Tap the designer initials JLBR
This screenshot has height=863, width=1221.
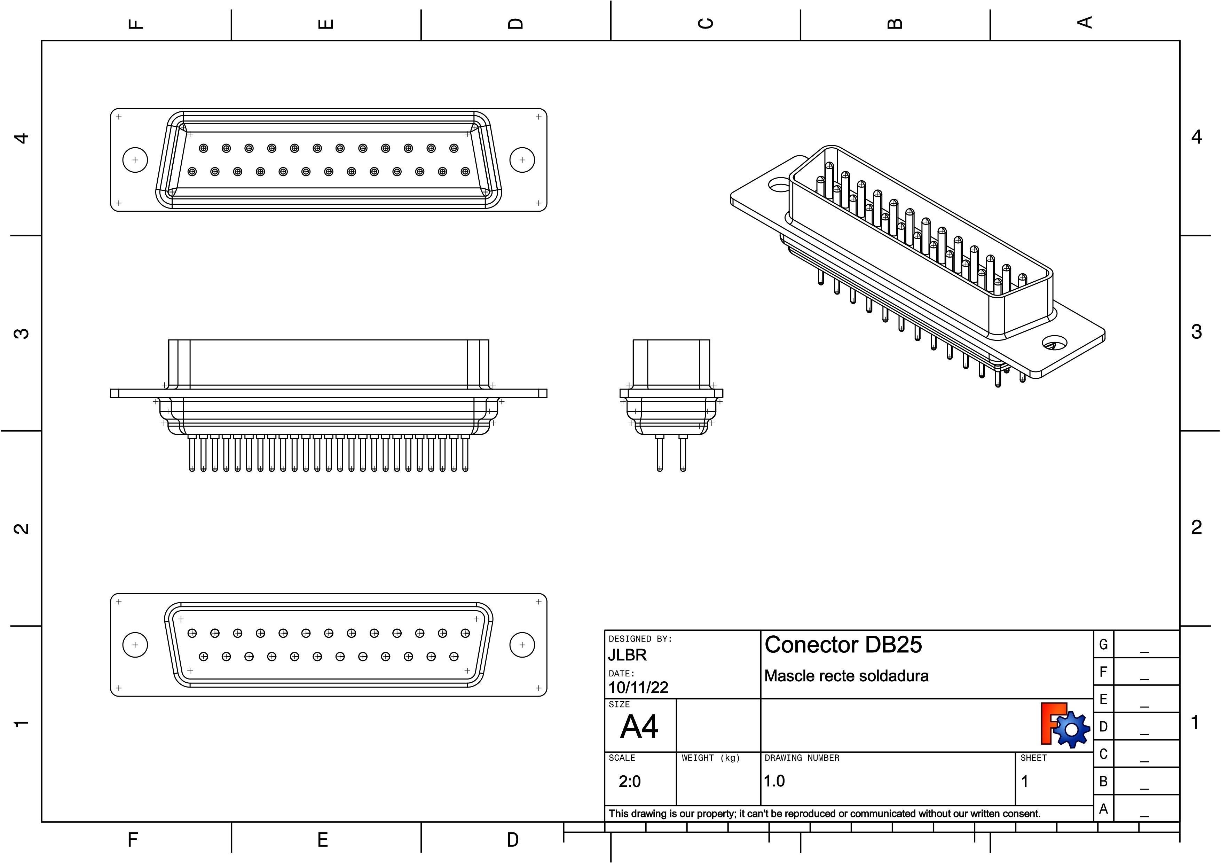point(628,655)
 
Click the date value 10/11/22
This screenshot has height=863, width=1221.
point(638,688)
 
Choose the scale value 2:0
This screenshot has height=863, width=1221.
point(630,782)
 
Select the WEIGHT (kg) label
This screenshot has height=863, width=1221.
point(710,758)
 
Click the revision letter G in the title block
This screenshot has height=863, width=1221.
point(1103,644)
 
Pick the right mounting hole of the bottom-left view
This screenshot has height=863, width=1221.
point(522,645)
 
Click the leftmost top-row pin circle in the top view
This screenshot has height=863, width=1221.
point(203,148)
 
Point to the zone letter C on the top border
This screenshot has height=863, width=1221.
point(705,23)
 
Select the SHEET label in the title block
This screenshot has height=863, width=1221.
point(1033,758)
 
